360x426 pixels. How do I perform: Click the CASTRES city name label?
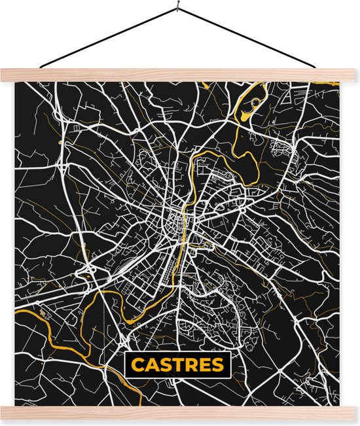[177, 364]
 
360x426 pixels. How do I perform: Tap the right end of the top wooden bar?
[351, 75]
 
